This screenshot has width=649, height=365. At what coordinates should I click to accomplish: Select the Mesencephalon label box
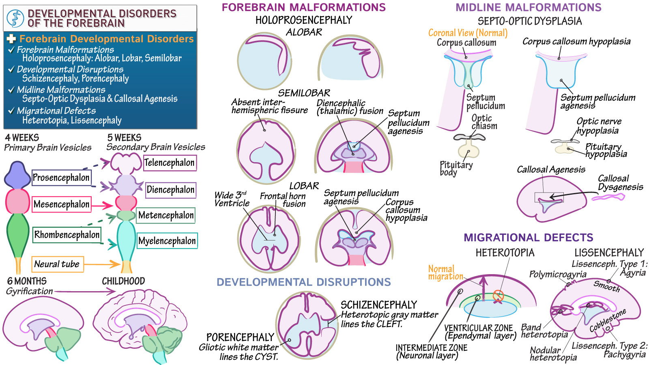tap(61, 204)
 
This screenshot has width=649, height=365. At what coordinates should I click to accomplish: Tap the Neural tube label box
tap(57, 264)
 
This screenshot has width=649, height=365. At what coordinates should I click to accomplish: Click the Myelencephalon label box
tap(167, 241)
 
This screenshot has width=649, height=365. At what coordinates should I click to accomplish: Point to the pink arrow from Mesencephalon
tap(102, 206)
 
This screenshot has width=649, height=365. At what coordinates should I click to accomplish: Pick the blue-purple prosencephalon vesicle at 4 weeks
tap(17, 175)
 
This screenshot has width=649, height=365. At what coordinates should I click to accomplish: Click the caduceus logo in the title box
tap(15, 19)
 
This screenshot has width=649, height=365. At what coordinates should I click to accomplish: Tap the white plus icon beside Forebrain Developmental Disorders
tap(11, 39)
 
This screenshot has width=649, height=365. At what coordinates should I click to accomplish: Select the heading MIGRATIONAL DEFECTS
tap(528, 238)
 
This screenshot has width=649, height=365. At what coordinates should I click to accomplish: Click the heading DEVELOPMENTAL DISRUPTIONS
tap(303, 282)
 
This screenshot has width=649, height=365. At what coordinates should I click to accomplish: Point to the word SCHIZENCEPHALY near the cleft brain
tap(378, 305)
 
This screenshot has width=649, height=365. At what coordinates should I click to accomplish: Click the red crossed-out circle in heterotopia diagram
tap(498, 296)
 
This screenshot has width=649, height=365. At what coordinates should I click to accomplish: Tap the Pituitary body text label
tap(456, 168)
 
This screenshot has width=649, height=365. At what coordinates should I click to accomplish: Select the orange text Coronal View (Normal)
tap(468, 33)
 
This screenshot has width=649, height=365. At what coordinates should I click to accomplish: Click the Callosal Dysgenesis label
tap(620, 182)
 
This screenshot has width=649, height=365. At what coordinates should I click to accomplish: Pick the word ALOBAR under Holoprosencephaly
tap(304, 32)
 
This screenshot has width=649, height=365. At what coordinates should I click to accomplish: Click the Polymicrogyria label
tap(557, 274)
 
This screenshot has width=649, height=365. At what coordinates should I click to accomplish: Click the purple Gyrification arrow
tap(85, 291)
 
